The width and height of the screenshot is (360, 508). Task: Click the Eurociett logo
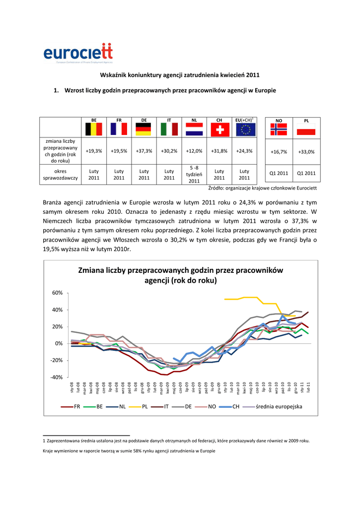(x=78, y=53)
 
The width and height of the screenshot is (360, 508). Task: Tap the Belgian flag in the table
(x=94, y=129)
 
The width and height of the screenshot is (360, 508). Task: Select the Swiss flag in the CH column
(x=219, y=129)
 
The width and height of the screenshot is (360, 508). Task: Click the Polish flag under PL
(x=306, y=129)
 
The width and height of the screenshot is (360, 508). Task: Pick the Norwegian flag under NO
(x=279, y=129)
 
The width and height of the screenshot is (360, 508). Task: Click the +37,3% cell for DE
(x=144, y=151)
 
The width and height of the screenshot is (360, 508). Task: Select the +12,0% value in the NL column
(x=194, y=151)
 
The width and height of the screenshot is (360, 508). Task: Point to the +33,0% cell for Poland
(x=306, y=152)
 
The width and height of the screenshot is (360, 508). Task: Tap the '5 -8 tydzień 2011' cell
(x=194, y=174)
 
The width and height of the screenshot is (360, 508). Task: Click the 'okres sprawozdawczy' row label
(x=60, y=174)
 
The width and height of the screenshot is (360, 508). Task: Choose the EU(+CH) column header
(x=244, y=120)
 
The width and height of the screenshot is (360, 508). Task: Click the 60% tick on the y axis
(x=58, y=293)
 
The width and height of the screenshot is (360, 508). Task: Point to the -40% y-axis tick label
(x=57, y=377)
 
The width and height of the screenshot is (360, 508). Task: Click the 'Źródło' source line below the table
(x=262, y=188)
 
